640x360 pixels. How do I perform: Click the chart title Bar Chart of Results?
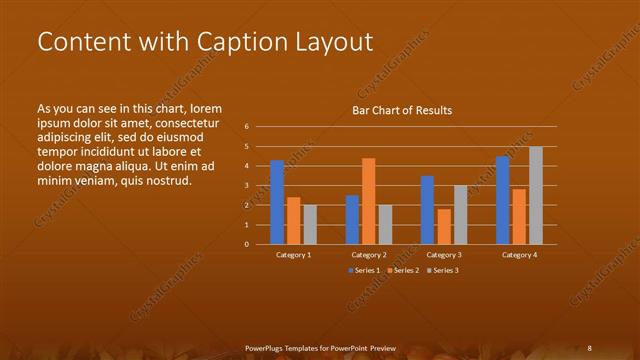(x=402, y=110)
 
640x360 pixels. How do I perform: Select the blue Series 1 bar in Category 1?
(x=277, y=202)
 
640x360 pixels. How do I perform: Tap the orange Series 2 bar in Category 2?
(x=368, y=201)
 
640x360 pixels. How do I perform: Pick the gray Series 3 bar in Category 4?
(x=536, y=195)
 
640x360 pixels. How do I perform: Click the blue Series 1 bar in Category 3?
(x=427, y=210)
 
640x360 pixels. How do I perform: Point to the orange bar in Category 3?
(x=444, y=226)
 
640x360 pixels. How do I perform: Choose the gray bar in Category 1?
(x=310, y=224)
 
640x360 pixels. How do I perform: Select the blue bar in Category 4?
(x=502, y=200)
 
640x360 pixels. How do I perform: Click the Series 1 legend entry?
(x=364, y=271)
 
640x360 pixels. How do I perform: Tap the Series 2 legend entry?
(x=402, y=271)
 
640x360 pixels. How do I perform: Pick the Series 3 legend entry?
(x=441, y=271)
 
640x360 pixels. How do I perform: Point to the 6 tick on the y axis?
(x=246, y=127)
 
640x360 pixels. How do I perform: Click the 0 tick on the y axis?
(x=246, y=244)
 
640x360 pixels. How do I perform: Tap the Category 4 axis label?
(x=519, y=255)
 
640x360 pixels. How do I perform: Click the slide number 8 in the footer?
(x=590, y=348)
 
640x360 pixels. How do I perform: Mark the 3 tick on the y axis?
(x=246, y=186)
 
